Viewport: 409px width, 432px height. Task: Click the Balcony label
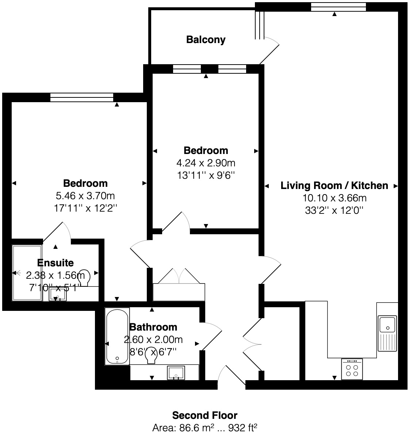tap(206, 39)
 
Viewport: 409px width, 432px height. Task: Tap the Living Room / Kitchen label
tap(334, 185)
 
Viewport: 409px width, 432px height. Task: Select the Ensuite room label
tap(56, 263)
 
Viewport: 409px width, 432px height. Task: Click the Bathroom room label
tap(153, 327)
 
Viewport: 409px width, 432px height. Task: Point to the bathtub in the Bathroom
tap(117, 336)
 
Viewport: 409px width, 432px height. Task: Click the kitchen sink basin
tap(387, 324)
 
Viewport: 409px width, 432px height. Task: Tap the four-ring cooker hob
tap(352, 370)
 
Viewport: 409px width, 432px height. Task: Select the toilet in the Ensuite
tap(85, 278)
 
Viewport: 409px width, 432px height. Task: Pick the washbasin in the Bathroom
tap(177, 373)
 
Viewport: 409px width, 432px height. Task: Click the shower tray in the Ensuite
tap(27, 273)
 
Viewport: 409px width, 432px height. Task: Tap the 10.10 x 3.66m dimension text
tap(334, 198)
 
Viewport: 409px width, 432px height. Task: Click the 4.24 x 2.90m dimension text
tap(206, 163)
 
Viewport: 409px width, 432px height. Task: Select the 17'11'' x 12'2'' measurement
tap(85, 208)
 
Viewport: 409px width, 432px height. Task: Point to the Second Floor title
tap(204, 415)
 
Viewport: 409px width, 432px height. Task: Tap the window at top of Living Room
tap(338, 7)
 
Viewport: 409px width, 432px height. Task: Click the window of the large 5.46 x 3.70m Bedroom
tap(82, 97)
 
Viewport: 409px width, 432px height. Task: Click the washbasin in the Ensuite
tap(58, 294)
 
